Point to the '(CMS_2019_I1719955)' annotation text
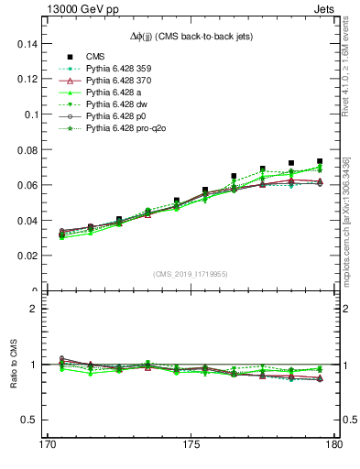(190, 275)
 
